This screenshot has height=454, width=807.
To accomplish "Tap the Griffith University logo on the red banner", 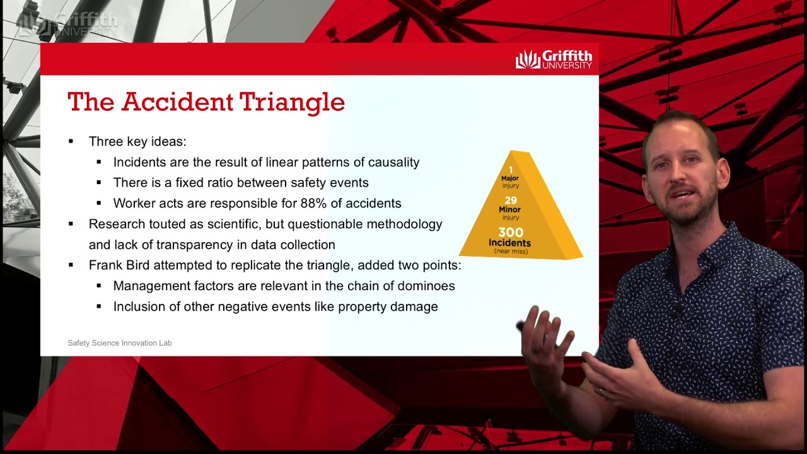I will pyautogui.click(x=554, y=59).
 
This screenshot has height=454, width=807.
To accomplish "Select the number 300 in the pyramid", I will pyautogui.click(x=511, y=232).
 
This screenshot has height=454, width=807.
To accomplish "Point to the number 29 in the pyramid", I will pyautogui.click(x=511, y=201).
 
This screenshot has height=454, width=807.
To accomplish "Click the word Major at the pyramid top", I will pyautogui.click(x=510, y=178).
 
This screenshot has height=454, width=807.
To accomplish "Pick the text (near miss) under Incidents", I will pyautogui.click(x=511, y=252).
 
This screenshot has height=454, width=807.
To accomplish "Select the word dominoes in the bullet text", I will pyautogui.click(x=426, y=286).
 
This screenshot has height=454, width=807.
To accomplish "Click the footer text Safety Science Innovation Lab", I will pyautogui.click(x=120, y=343).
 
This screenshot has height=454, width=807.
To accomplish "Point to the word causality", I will pyautogui.click(x=393, y=162).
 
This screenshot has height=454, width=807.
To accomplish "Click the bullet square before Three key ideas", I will pyautogui.click(x=71, y=141).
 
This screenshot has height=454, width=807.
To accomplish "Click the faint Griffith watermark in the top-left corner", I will pyautogui.click(x=67, y=24).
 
